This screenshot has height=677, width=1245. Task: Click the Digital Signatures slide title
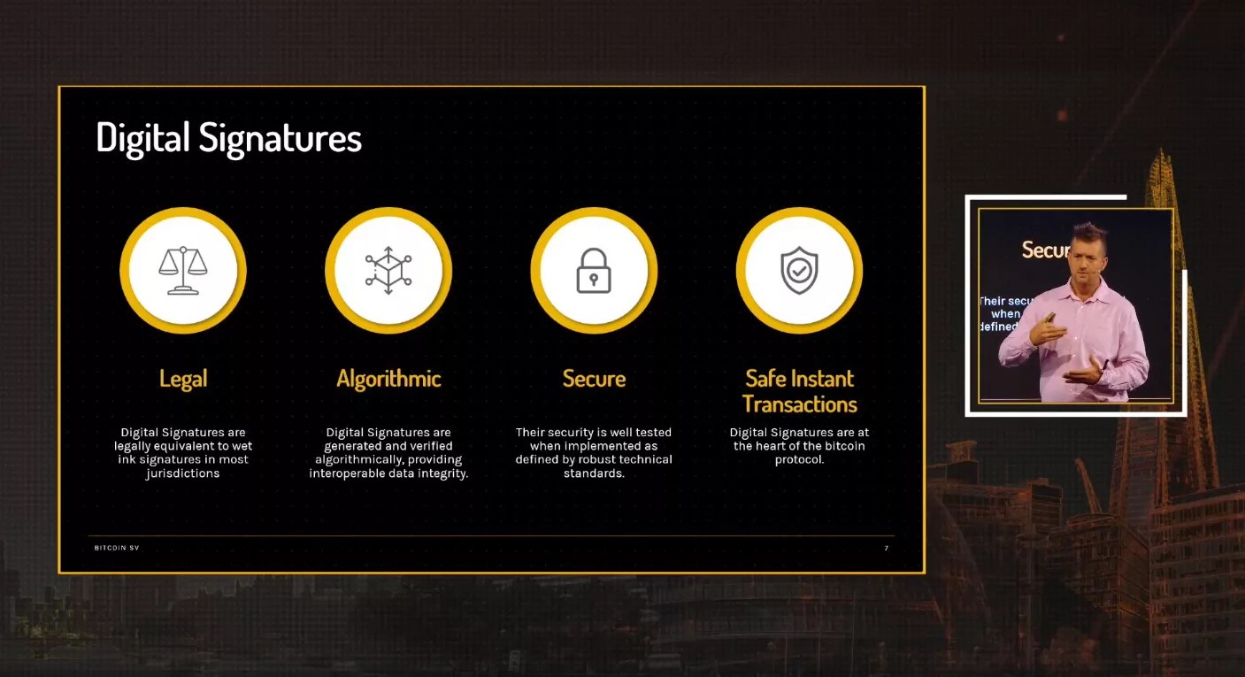click(228, 139)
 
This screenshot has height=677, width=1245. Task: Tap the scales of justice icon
click(183, 270)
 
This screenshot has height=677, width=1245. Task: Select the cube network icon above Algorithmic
click(388, 270)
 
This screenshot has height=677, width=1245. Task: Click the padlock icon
click(594, 270)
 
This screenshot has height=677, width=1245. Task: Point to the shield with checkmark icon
click(799, 270)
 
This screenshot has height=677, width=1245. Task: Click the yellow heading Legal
click(183, 379)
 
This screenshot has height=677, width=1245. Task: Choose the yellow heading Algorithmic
click(388, 379)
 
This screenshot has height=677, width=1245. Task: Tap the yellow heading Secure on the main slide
click(594, 379)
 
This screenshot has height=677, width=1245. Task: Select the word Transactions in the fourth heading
click(800, 404)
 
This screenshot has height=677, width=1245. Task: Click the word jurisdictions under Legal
click(183, 473)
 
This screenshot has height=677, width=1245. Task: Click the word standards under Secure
click(593, 473)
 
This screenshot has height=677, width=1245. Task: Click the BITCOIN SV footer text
click(117, 548)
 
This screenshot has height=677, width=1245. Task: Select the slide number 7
click(886, 548)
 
